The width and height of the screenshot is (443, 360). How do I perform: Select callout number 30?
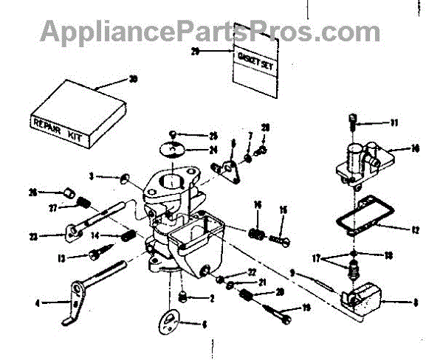[x=132, y=79]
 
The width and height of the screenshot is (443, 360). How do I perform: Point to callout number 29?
[x=195, y=51]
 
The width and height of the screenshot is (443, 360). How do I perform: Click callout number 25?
[x=213, y=135]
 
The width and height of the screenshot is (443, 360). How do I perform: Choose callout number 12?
[x=415, y=230]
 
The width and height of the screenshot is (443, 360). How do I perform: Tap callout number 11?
[x=394, y=122]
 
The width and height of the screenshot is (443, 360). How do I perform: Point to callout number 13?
[x=62, y=258]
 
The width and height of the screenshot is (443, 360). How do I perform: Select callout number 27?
[x=53, y=210]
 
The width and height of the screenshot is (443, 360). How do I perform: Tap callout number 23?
[x=53, y=237]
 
